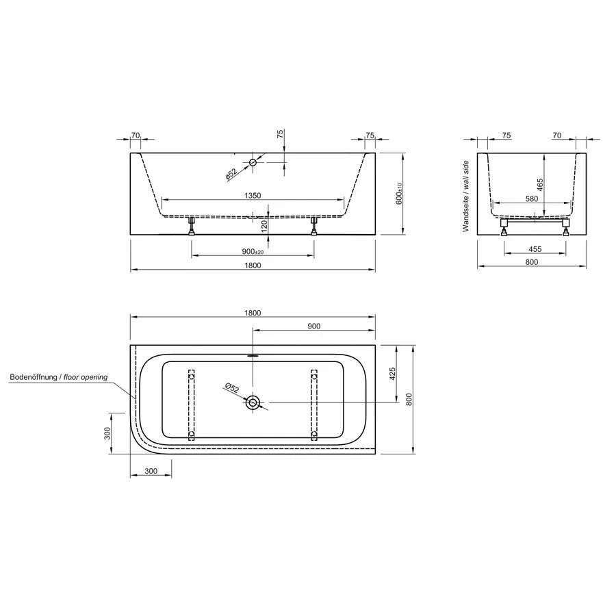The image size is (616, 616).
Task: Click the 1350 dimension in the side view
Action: point(253,196)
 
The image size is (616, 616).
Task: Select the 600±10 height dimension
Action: point(399,194)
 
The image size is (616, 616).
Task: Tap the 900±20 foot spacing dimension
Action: point(253,251)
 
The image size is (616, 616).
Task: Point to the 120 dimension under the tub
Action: point(264,226)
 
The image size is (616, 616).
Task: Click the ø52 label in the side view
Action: point(231,174)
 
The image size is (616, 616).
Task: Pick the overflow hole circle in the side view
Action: point(253,162)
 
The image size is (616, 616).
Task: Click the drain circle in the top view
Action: point(253,402)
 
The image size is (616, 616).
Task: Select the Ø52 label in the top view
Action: point(232,387)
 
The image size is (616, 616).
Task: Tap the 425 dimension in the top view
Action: point(392,374)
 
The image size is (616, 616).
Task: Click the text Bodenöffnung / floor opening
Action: point(59,377)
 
